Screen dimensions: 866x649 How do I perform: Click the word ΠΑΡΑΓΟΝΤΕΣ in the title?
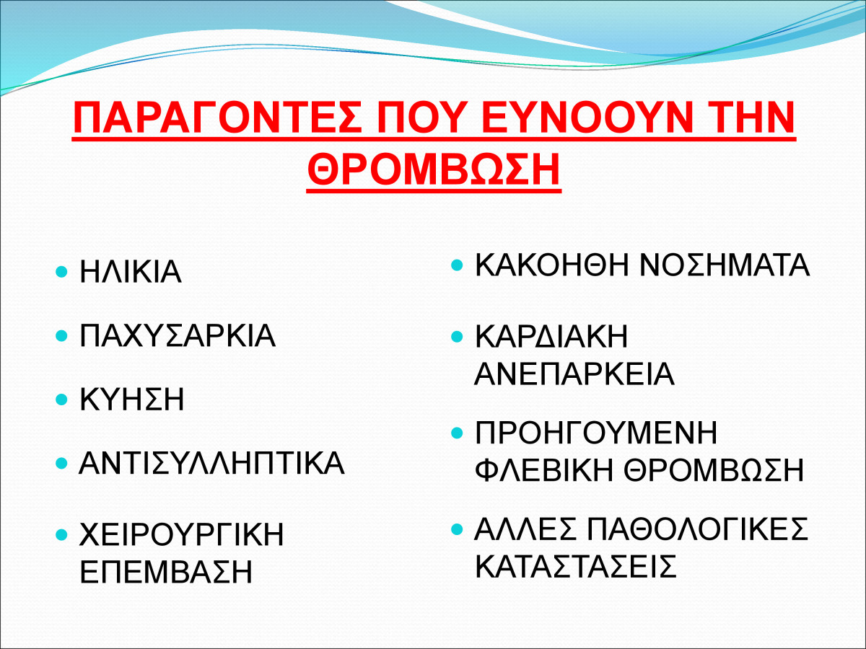click(x=217, y=118)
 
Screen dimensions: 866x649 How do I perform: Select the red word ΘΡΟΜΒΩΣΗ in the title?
click(x=434, y=169)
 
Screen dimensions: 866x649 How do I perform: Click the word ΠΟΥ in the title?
click(x=421, y=118)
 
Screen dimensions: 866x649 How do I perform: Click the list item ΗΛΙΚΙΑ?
click(x=131, y=272)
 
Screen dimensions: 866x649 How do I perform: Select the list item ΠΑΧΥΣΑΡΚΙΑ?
click(x=178, y=336)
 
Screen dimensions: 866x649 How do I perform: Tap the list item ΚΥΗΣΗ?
click(x=132, y=399)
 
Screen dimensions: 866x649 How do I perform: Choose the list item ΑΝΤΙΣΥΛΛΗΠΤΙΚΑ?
click(x=212, y=464)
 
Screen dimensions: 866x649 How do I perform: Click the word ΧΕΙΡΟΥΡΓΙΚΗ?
click(x=182, y=534)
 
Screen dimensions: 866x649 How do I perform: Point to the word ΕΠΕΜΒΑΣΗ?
click(x=166, y=571)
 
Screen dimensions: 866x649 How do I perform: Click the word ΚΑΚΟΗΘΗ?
click(x=552, y=265)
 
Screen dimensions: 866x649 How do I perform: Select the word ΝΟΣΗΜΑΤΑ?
click(x=725, y=265)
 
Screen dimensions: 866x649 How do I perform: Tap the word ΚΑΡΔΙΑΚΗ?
click(x=551, y=337)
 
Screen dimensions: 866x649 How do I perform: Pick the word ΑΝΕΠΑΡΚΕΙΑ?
click(x=574, y=374)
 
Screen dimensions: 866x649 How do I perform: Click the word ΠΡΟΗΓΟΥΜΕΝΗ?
click(x=596, y=433)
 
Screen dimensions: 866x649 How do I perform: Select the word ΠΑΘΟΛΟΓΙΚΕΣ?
click(x=698, y=529)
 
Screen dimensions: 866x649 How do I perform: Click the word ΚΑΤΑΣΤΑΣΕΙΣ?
click(x=576, y=566)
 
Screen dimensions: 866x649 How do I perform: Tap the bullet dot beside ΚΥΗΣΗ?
click(x=61, y=399)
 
